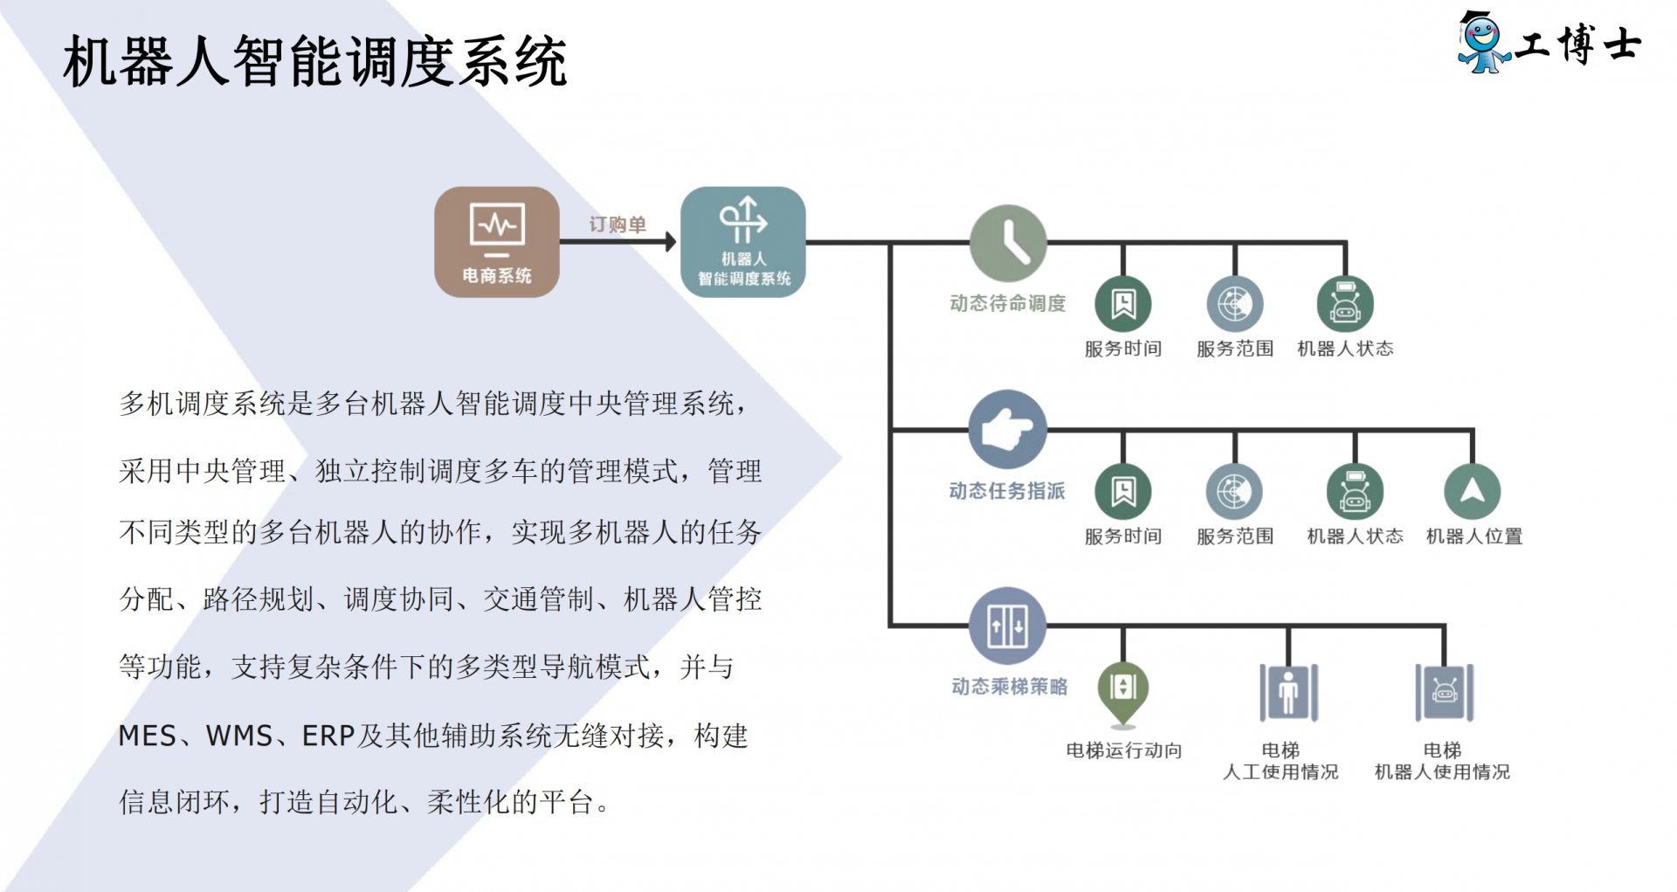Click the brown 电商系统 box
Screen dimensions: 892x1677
(x=496, y=241)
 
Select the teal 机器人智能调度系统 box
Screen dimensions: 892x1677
(x=742, y=241)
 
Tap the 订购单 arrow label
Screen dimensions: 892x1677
(x=618, y=225)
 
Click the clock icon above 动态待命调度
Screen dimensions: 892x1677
(x=1008, y=243)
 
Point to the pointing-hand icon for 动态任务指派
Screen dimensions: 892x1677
(x=1008, y=429)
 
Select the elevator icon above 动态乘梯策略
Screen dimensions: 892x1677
(x=1008, y=626)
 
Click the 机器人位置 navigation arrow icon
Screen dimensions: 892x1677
(x=1473, y=491)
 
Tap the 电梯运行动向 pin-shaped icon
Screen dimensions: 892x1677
(x=1123, y=690)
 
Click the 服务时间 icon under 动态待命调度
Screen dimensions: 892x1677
(x=1123, y=304)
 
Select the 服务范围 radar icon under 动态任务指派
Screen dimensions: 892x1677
(x=1234, y=491)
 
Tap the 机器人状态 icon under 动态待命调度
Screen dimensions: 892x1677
(x=1345, y=304)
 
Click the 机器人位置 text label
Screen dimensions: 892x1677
(x=1473, y=536)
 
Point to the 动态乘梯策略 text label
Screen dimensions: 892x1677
(x=1009, y=687)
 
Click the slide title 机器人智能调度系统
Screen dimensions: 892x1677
(x=315, y=62)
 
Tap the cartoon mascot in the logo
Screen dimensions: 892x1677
(x=1481, y=42)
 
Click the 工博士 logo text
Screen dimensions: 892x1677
(x=1578, y=44)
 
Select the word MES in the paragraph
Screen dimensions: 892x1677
(x=148, y=736)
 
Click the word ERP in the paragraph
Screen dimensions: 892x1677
(x=328, y=736)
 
